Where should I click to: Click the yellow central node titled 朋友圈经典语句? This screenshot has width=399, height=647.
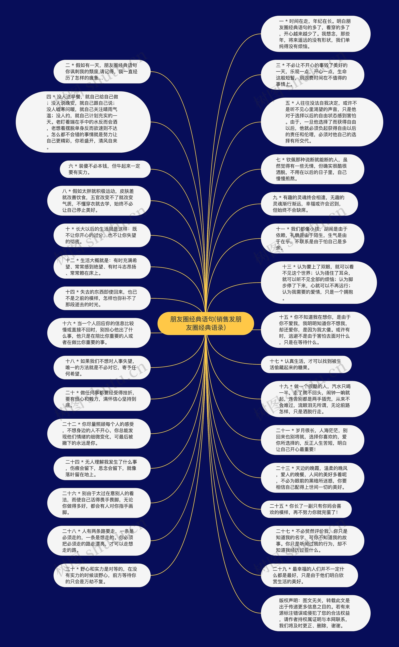coord(206,323)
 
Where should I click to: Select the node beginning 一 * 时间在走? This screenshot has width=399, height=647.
coord(315,34)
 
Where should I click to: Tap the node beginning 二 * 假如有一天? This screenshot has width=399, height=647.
coord(102,72)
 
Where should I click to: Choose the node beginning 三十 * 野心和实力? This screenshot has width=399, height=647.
coord(102,575)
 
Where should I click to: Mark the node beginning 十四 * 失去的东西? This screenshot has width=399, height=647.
coord(102,298)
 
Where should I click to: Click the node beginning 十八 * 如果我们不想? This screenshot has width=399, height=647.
coord(102,367)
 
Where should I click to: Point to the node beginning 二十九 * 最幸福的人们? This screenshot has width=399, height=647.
coord(309,575)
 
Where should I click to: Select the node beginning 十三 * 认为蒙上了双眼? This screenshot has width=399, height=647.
coord(319,282)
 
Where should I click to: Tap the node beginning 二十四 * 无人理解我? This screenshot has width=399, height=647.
coord(102,468)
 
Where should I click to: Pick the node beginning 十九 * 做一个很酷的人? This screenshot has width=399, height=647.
coord(315,399)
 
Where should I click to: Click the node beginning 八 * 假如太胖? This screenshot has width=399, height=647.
coord(99,201)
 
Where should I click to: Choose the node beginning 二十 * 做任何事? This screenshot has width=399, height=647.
coord(102,399)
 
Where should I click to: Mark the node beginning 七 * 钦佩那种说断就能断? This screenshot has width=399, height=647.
coord(312,169)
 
